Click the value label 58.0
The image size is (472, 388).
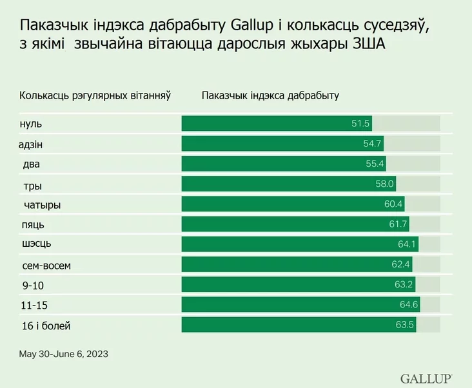pos(385,184)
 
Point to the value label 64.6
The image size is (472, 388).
pos(409,305)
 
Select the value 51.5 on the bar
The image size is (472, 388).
pos(360,124)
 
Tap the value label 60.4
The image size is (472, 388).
pos(393,204)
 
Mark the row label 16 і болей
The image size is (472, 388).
pos(46,326)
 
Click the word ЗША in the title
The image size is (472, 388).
pos(371,47)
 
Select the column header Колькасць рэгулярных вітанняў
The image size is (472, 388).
pos(95,95)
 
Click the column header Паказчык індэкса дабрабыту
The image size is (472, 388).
pos(270,95)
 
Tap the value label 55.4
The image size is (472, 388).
pos(375,164)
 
